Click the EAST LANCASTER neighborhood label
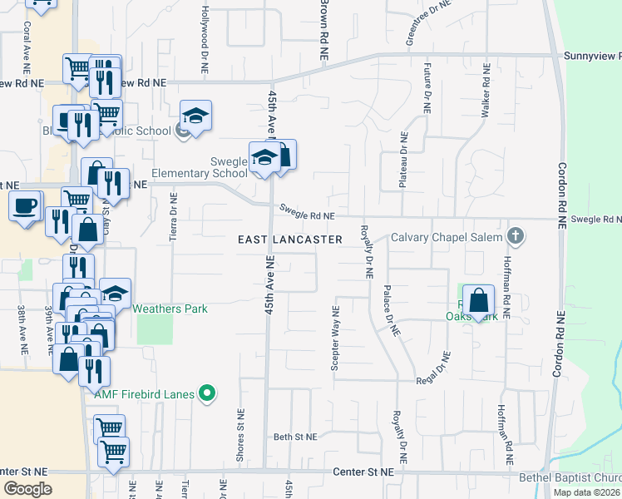290,240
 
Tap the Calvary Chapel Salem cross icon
516,236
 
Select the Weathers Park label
171,309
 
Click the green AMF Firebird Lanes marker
209,393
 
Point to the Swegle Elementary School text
199,174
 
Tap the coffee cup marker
26,205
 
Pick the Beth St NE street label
295,437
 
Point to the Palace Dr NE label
388,309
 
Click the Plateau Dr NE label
402,160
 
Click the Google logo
28,489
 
